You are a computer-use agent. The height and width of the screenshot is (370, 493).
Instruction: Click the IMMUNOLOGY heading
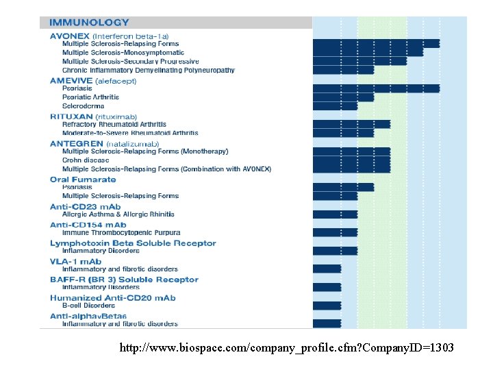[x=89, y=23]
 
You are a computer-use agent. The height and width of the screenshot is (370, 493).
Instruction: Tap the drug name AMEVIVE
[x=71, y=81]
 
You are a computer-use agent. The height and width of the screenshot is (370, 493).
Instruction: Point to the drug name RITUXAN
[x=72, y=116]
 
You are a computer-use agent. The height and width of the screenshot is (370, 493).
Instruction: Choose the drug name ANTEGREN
[x=75, y=144]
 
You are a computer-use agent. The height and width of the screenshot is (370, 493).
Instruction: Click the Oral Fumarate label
[x=83, y=180]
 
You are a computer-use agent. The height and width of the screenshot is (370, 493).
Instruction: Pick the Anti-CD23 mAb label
[x=85, y=207]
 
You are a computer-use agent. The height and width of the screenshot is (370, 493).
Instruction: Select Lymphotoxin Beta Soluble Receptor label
[x=133, y=243]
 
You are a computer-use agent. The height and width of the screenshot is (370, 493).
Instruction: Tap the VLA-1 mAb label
[x=75, y=261]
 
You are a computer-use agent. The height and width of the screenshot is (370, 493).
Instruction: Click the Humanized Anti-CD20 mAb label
[x=112, y=298]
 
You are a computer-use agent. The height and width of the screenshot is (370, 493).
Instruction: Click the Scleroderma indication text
[x=83, y=106]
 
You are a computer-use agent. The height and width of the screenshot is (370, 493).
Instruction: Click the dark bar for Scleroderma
[x=335, y=106]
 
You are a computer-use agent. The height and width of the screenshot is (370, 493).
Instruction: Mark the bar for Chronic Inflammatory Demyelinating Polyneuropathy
[x=343, y=70]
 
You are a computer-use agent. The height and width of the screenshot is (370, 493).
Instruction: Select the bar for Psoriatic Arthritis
[x=343, y=97]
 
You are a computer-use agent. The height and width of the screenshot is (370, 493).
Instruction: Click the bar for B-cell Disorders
[x=327, y=306]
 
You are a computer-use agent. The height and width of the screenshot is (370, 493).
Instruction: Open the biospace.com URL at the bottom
[x=286, y=348]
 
